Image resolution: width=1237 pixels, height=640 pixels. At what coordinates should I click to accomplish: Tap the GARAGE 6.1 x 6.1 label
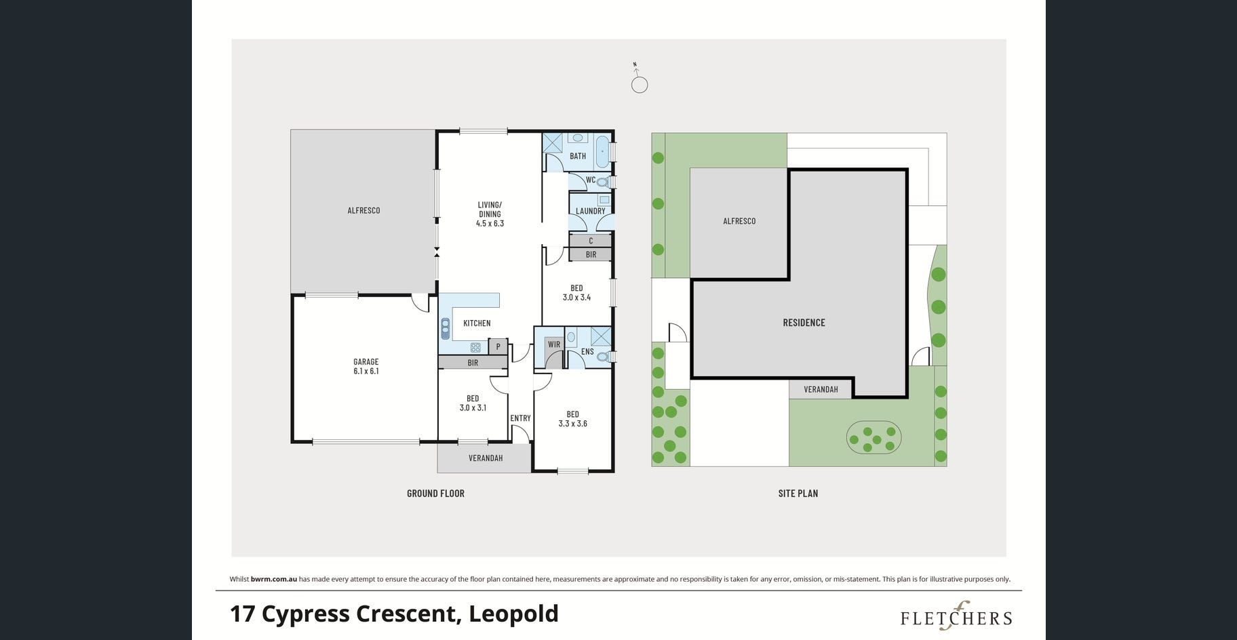(366, 367)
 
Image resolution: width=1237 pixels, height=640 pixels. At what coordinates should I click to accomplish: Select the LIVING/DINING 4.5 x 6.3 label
(490, 214)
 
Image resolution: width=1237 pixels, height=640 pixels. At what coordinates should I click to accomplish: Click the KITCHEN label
(477, 323)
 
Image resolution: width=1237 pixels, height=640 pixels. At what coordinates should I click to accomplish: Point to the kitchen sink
(445, 329)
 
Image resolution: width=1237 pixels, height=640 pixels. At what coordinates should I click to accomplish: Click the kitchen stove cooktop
(475, 348)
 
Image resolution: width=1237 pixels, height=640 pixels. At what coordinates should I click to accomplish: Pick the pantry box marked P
(498, 346)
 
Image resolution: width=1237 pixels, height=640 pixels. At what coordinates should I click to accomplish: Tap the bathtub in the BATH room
(602, 151)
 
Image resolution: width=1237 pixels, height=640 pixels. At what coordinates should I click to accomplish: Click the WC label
(590, 180)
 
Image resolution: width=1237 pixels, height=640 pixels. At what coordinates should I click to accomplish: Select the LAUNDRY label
(591, 211)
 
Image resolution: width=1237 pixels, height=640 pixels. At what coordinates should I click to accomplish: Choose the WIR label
(554, 344)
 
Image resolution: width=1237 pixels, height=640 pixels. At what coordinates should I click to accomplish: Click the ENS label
(587, 352)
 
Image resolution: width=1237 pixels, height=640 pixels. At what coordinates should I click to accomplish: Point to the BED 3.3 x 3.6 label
(573, 419)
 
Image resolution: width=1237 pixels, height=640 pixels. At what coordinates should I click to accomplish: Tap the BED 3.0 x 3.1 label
(473, 403)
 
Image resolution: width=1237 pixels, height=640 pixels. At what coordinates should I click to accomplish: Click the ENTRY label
(520, 418)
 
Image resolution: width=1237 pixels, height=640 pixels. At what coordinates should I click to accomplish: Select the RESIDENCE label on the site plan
(804, 323)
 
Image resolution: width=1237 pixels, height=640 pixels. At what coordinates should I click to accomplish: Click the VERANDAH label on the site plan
(821, 390)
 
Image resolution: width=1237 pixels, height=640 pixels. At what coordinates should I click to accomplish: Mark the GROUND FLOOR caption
(435, 494)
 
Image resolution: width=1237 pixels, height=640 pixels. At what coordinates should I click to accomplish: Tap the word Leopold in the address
(513, 614)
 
